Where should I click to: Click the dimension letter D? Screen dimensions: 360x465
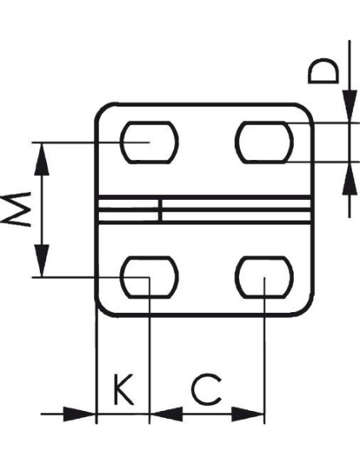323,71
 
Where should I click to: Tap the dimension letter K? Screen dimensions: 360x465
123,389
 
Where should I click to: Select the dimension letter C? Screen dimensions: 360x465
207,389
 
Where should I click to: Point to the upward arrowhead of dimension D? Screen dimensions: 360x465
350,178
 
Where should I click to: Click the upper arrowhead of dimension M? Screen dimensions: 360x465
41,159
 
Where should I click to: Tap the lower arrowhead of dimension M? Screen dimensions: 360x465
41,260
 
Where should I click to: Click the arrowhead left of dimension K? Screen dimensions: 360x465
80,414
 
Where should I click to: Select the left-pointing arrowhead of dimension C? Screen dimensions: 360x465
166,414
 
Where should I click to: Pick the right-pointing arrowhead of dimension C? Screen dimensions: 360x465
248,414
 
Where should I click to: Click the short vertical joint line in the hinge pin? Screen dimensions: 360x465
160,210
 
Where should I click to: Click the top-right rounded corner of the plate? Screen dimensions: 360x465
306,111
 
